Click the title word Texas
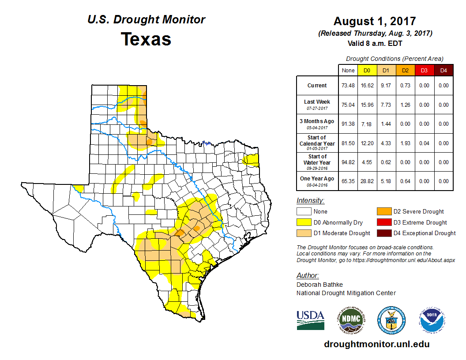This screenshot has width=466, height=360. [146, 39]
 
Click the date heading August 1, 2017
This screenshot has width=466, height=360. [375, 21]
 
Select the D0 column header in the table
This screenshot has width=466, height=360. [366, 70]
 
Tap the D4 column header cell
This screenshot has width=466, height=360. [443, 70]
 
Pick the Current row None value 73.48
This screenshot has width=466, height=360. [348, 86]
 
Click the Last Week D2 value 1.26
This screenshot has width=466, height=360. [405, 105]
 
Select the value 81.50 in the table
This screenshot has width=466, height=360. [348, 143]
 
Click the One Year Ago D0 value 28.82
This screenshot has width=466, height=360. [366, 181]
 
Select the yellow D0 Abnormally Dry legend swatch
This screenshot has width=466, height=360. [304, 222]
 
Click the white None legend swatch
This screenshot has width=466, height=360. [304, 212]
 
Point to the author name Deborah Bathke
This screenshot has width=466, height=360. [319, 285]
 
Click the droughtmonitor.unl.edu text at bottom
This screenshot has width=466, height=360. [376, 344]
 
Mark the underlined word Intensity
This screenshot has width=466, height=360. [310, 201]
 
